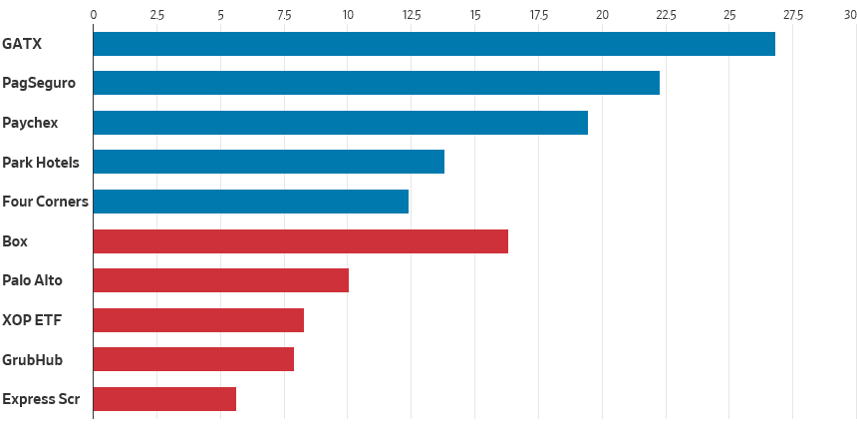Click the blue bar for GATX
pos(433,44)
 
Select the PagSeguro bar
pos(376,84)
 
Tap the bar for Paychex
pos(340,123)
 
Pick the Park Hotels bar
pos(268,162)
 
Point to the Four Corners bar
pos(251,202)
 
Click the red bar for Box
pos(300,241)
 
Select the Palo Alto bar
pos(220,280)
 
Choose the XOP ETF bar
pos(198,320)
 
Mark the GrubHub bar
pos(193,359)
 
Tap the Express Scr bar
pos(164,399)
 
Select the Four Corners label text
pos(45,202)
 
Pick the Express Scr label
pos(40,399)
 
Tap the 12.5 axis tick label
pos(411,15)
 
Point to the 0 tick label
pos(94,15)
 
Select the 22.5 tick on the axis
pos(665,15)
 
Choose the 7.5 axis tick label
pos(284,15)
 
